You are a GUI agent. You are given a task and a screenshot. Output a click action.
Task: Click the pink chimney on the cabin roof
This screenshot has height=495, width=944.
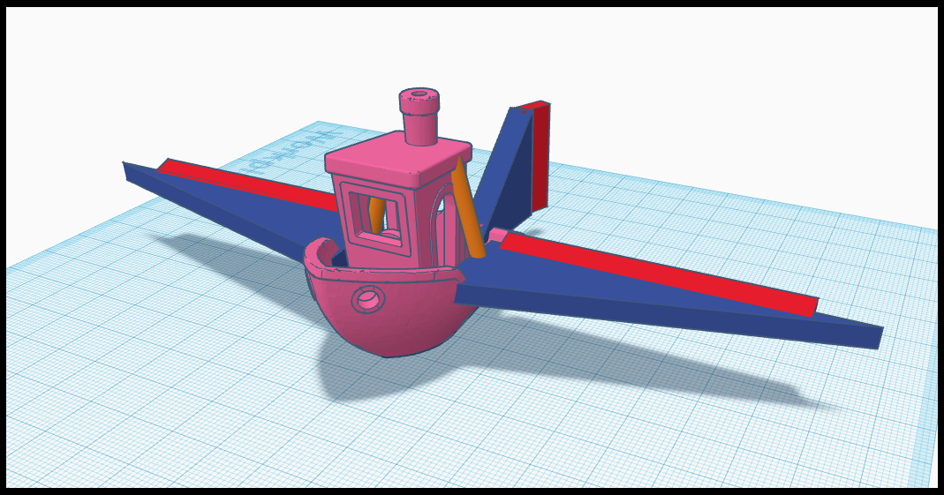pos(419,124)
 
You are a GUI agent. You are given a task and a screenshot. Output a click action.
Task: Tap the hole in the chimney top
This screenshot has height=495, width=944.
pos(419,93)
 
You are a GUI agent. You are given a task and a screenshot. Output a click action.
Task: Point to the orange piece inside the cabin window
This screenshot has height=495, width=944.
pos(377,216)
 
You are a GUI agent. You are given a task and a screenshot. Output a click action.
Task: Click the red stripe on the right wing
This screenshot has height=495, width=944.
pos(662,274)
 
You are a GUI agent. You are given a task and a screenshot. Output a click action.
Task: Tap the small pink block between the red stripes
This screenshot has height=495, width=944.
pos(497,235)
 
